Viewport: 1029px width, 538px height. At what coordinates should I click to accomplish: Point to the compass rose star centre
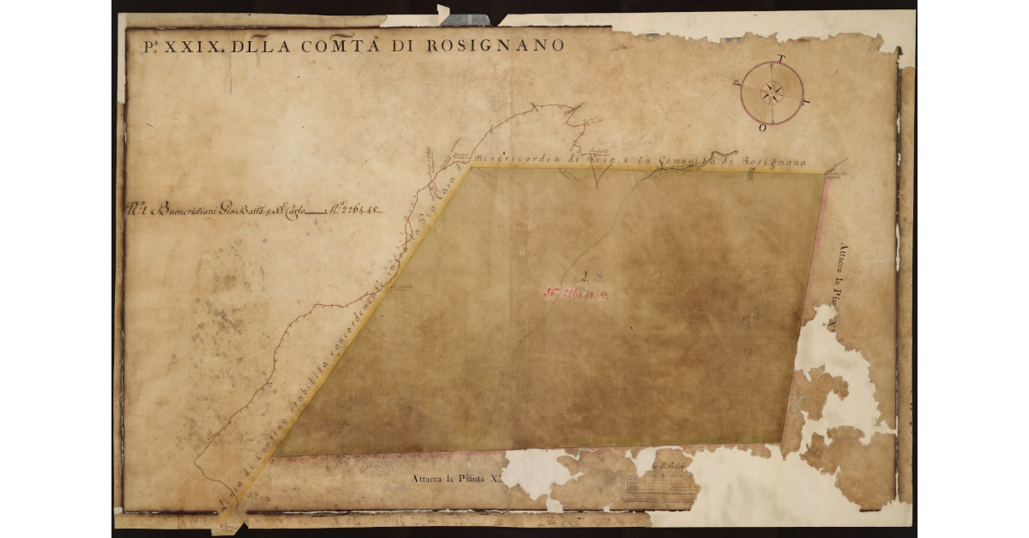[x=772, y=93]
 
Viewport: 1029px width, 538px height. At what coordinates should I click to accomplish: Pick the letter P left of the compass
[x=737, y=83]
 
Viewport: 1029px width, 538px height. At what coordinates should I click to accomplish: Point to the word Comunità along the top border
[x=681, y=160]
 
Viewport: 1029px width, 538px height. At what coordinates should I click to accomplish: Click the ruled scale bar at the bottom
[x=659, y=489]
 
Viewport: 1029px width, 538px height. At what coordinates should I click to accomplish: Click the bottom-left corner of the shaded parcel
[x=276, y=455]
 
